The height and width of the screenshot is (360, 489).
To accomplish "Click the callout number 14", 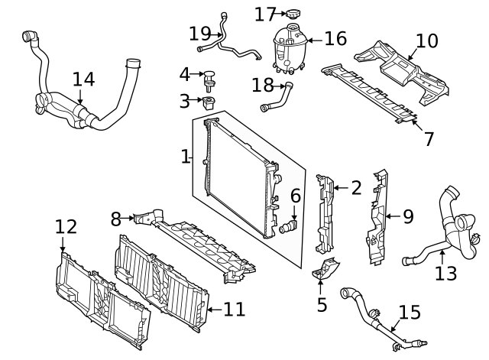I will coord(83,79).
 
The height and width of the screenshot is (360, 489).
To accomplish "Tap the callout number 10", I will coord(427,40).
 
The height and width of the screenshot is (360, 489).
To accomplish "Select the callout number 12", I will coord(66,226).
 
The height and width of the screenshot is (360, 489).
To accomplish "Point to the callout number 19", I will coord(199,33).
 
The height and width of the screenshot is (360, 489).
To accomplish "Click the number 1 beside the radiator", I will coord(185,157).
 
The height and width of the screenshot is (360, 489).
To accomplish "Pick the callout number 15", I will coord(410,312).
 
